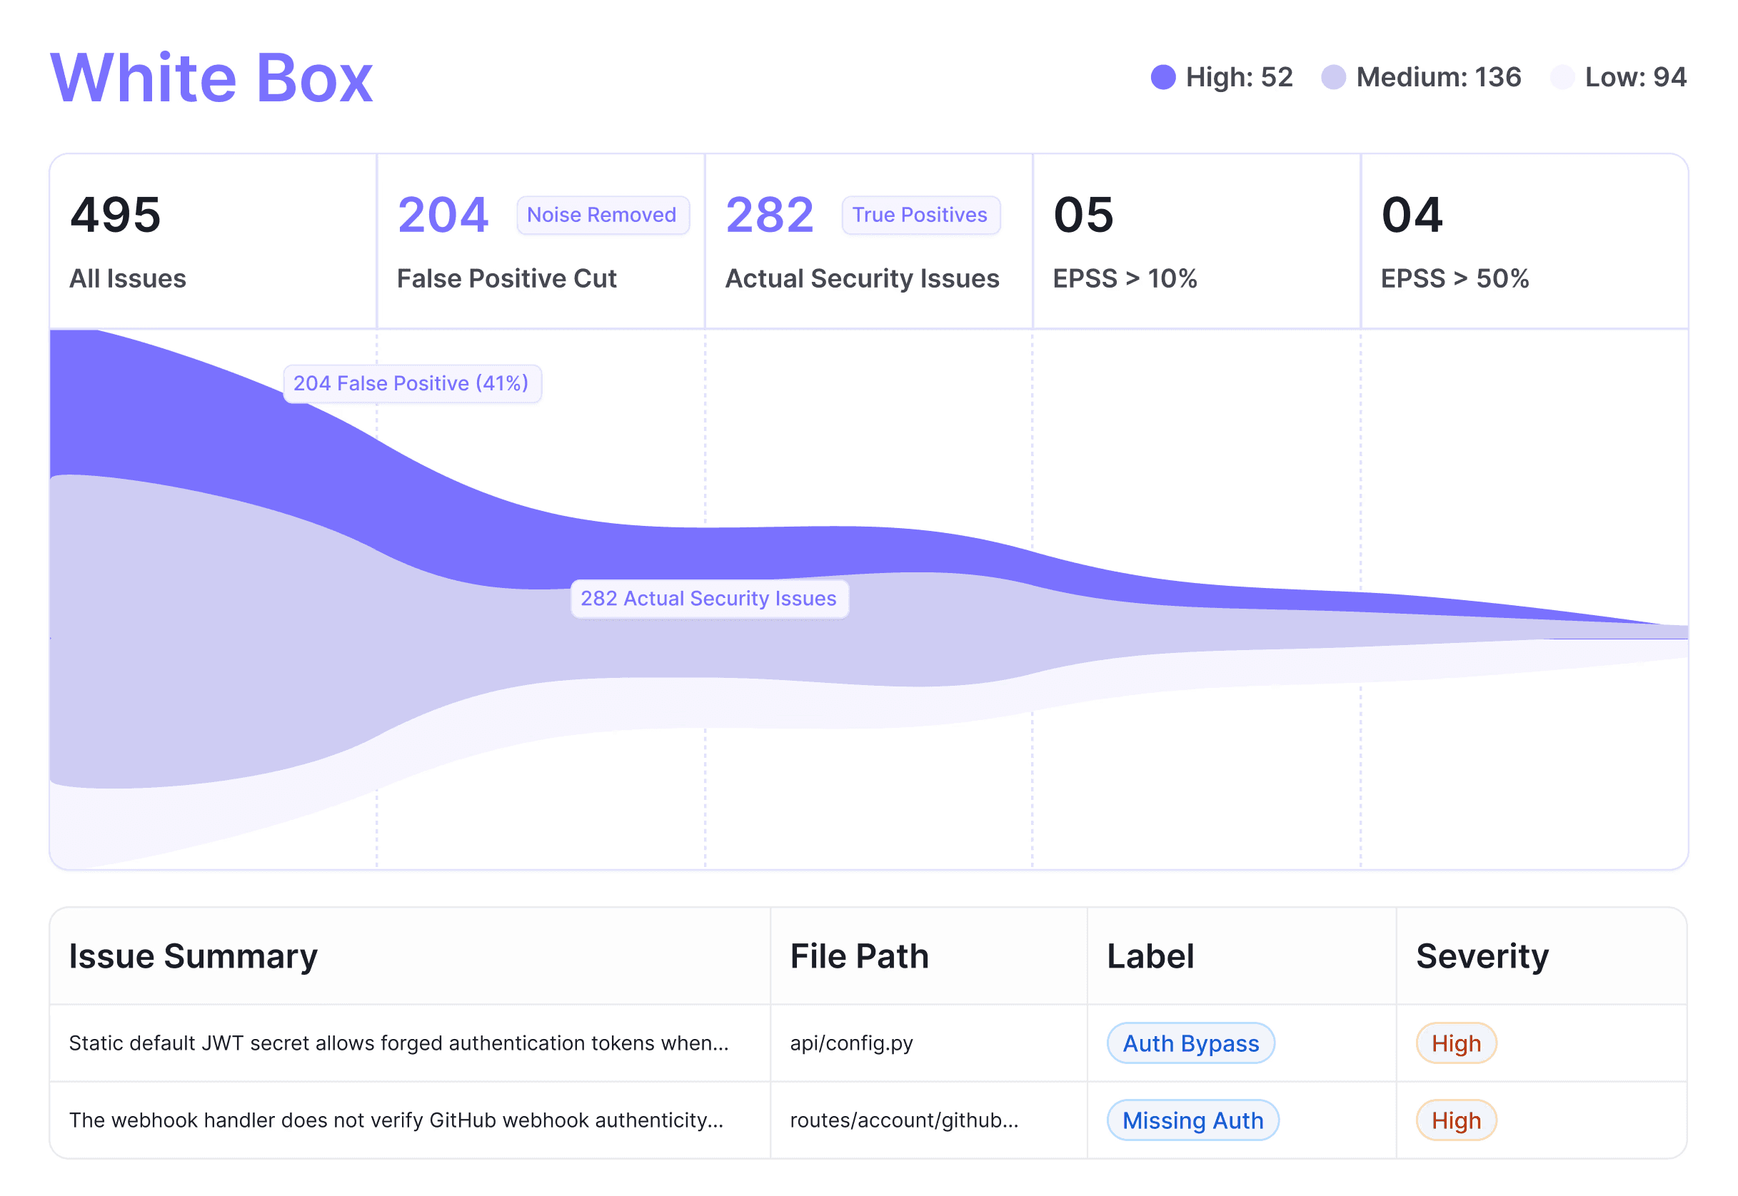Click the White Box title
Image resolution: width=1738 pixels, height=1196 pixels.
(x=211, y=78)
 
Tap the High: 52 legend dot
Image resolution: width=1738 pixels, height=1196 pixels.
(x=1163, y=77)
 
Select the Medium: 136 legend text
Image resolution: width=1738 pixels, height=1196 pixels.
(x=1438, y=77)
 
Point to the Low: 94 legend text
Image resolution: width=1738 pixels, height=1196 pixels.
(x=1635, y=77)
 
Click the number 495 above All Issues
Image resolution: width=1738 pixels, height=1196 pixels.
(x=116, y=215)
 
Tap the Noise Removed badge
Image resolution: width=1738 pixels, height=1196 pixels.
(x=602, y=215)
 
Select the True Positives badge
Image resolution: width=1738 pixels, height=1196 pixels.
(x=920, y=215)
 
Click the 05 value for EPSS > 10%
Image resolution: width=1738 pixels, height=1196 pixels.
(x=1083, y=215)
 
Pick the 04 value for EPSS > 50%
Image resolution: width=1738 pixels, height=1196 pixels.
(x=1412, y=215)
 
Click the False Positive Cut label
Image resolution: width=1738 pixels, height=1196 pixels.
(x=507, y=279)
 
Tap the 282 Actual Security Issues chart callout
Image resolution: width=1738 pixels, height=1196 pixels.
(x=709, y=599)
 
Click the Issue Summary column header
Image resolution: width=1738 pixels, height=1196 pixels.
(x=194, y=956)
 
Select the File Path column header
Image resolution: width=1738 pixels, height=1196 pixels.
(x=859, y=956)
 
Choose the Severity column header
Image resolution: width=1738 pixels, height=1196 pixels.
(x=1482, y=956)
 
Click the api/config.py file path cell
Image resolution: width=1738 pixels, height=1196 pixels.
(x=852, y=1043)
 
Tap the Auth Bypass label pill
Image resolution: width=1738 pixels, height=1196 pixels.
(x=1190, y=1043)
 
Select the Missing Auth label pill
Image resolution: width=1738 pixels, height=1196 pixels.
(x=1193, y=1120)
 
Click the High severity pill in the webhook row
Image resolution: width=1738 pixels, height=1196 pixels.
(x=1456, y=1120)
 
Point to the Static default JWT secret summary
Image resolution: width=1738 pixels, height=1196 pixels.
(x=399, y=1043)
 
